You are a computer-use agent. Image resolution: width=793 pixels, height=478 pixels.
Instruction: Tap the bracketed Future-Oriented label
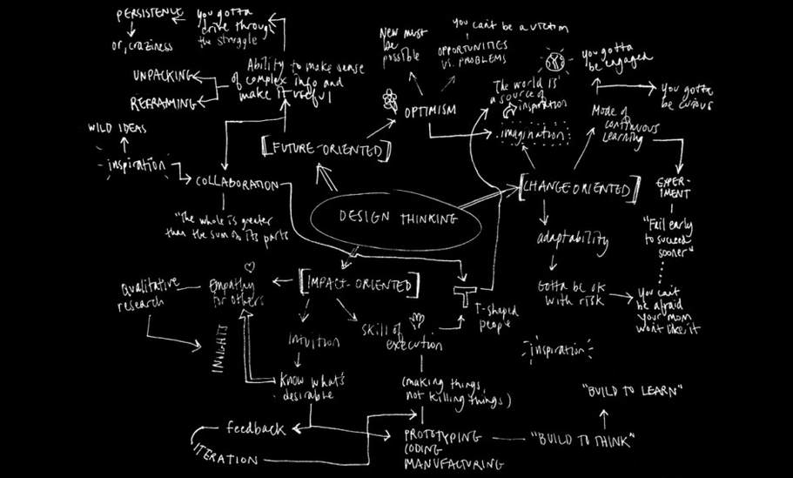pyautogui.click(x=325, y=149)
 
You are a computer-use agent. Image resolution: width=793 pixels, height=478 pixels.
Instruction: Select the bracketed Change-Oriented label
pyautogui.click(x=575, y=186)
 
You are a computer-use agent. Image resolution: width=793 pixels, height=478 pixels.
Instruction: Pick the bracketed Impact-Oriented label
pyautogui.click(x=358, y=283)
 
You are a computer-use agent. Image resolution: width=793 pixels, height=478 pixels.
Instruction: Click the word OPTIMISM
pyautogui.click(x=429, y=111)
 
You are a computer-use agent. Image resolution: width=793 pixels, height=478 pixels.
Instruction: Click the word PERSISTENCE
pyautogui.click(x=150, y=15)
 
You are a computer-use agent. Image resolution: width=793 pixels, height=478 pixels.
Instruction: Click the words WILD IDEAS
pyautogui.click(x=118, y=130)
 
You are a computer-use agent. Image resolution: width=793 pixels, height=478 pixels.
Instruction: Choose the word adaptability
pyautogui.click(x=572, y=239)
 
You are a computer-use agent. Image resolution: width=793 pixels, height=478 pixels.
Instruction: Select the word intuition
pyautogui.click(x=313, y=342)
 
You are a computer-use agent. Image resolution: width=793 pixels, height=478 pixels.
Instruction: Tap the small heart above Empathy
pyautogui.click(x=249, y=266)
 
